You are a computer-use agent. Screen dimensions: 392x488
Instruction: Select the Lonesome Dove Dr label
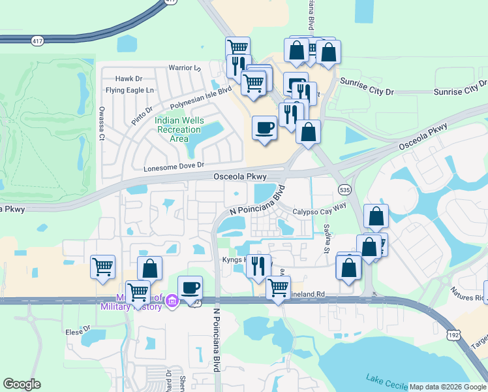click(x=174, y=167)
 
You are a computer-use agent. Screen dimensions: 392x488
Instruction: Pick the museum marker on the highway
click(x=172, y=301)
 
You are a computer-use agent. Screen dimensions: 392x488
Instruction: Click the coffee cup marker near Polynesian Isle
click(x=264, y=127)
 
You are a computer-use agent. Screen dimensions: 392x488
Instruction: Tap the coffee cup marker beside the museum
click(x=190, y=288)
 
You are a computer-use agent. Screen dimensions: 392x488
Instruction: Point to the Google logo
click(x=22, y=384)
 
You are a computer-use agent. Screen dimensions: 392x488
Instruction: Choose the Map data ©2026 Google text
click(x=448, y=387)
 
